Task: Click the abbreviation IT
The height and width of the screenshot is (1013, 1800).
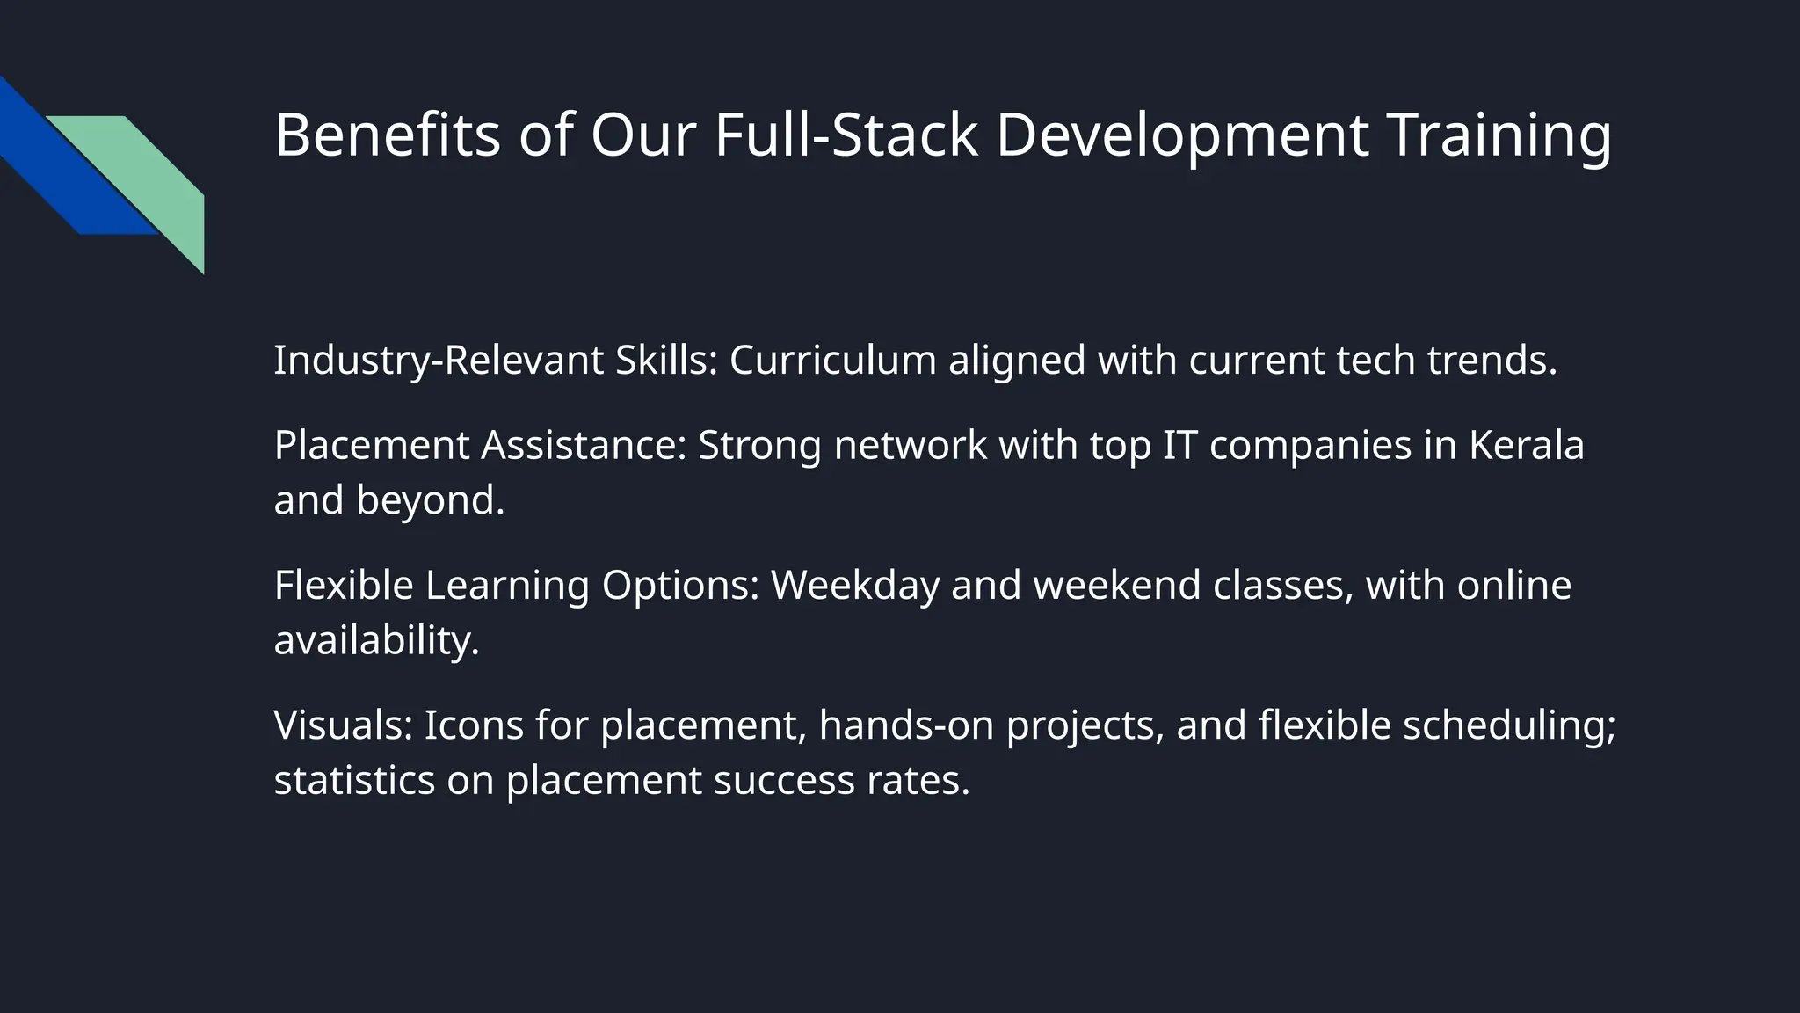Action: (x=1179, y=445)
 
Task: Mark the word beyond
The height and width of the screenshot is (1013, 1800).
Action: (x=430, y=500)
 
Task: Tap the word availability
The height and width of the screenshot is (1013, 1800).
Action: (x=376, y=640)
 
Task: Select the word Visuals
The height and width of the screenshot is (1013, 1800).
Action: (x=344, y=725)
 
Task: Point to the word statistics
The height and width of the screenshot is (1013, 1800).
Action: (x=354, y=780)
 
